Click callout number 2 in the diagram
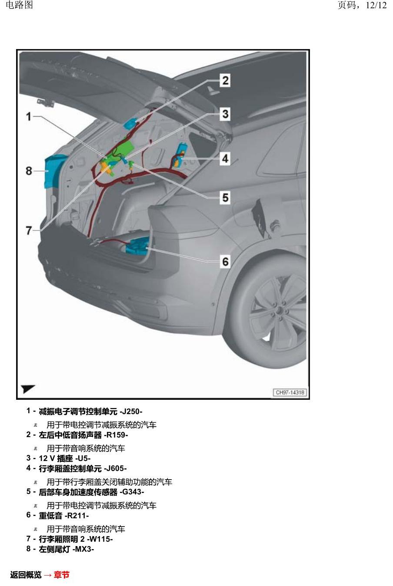click(225, 80)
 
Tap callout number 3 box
click(225, 114)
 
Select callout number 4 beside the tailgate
click(225, 158)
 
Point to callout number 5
click(225, 198)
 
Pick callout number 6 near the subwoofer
click(225, 262)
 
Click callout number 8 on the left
click(29, 171)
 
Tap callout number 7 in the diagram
click(29, 230)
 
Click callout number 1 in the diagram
click(29, 117)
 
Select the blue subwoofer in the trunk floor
click(137, 247)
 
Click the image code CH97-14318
click(290, 392)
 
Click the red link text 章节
click(62, 575)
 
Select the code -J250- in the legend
click(131, 412)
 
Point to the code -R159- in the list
click(116, 435)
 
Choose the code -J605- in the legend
click(115, 468)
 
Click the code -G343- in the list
click(132, 492)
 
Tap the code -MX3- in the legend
click(83, 549)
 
